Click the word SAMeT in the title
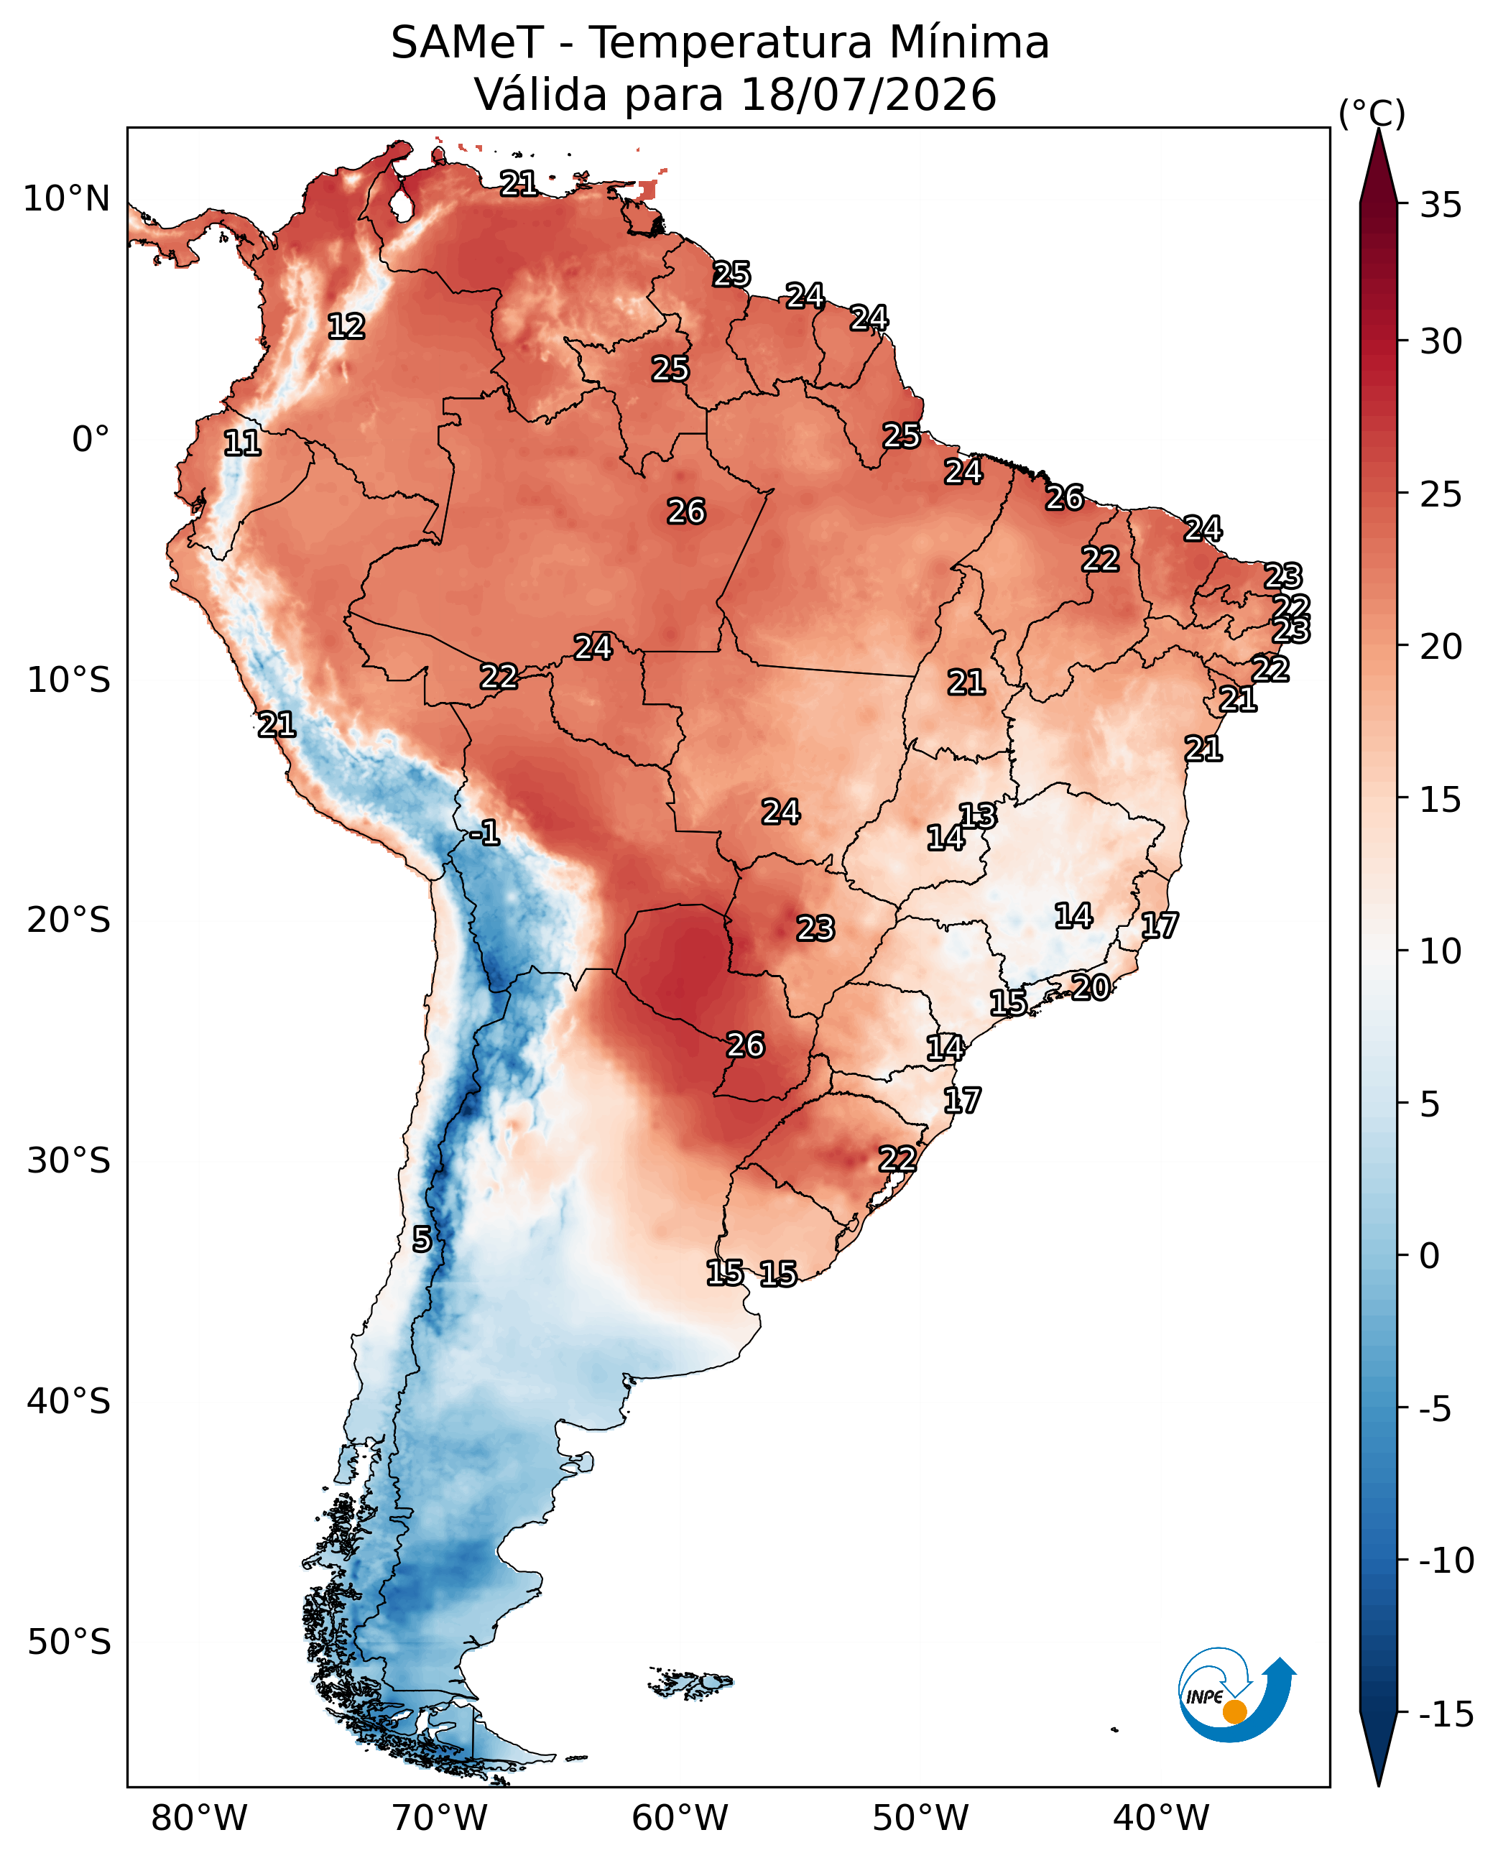tap(467, 42)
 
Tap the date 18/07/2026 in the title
tap(868, 94)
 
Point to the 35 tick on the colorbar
tap(1441, 205)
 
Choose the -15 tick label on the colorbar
tap(1446, 1714)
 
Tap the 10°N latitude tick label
tap(66, 199)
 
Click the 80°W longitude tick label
tap(199, 1816)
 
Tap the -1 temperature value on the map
tap(485, 833)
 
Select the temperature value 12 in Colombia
tap(346, 326)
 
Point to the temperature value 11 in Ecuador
tap(241, 443)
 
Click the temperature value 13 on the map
tap(978, 815)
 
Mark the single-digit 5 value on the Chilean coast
tap(421, 1239)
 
